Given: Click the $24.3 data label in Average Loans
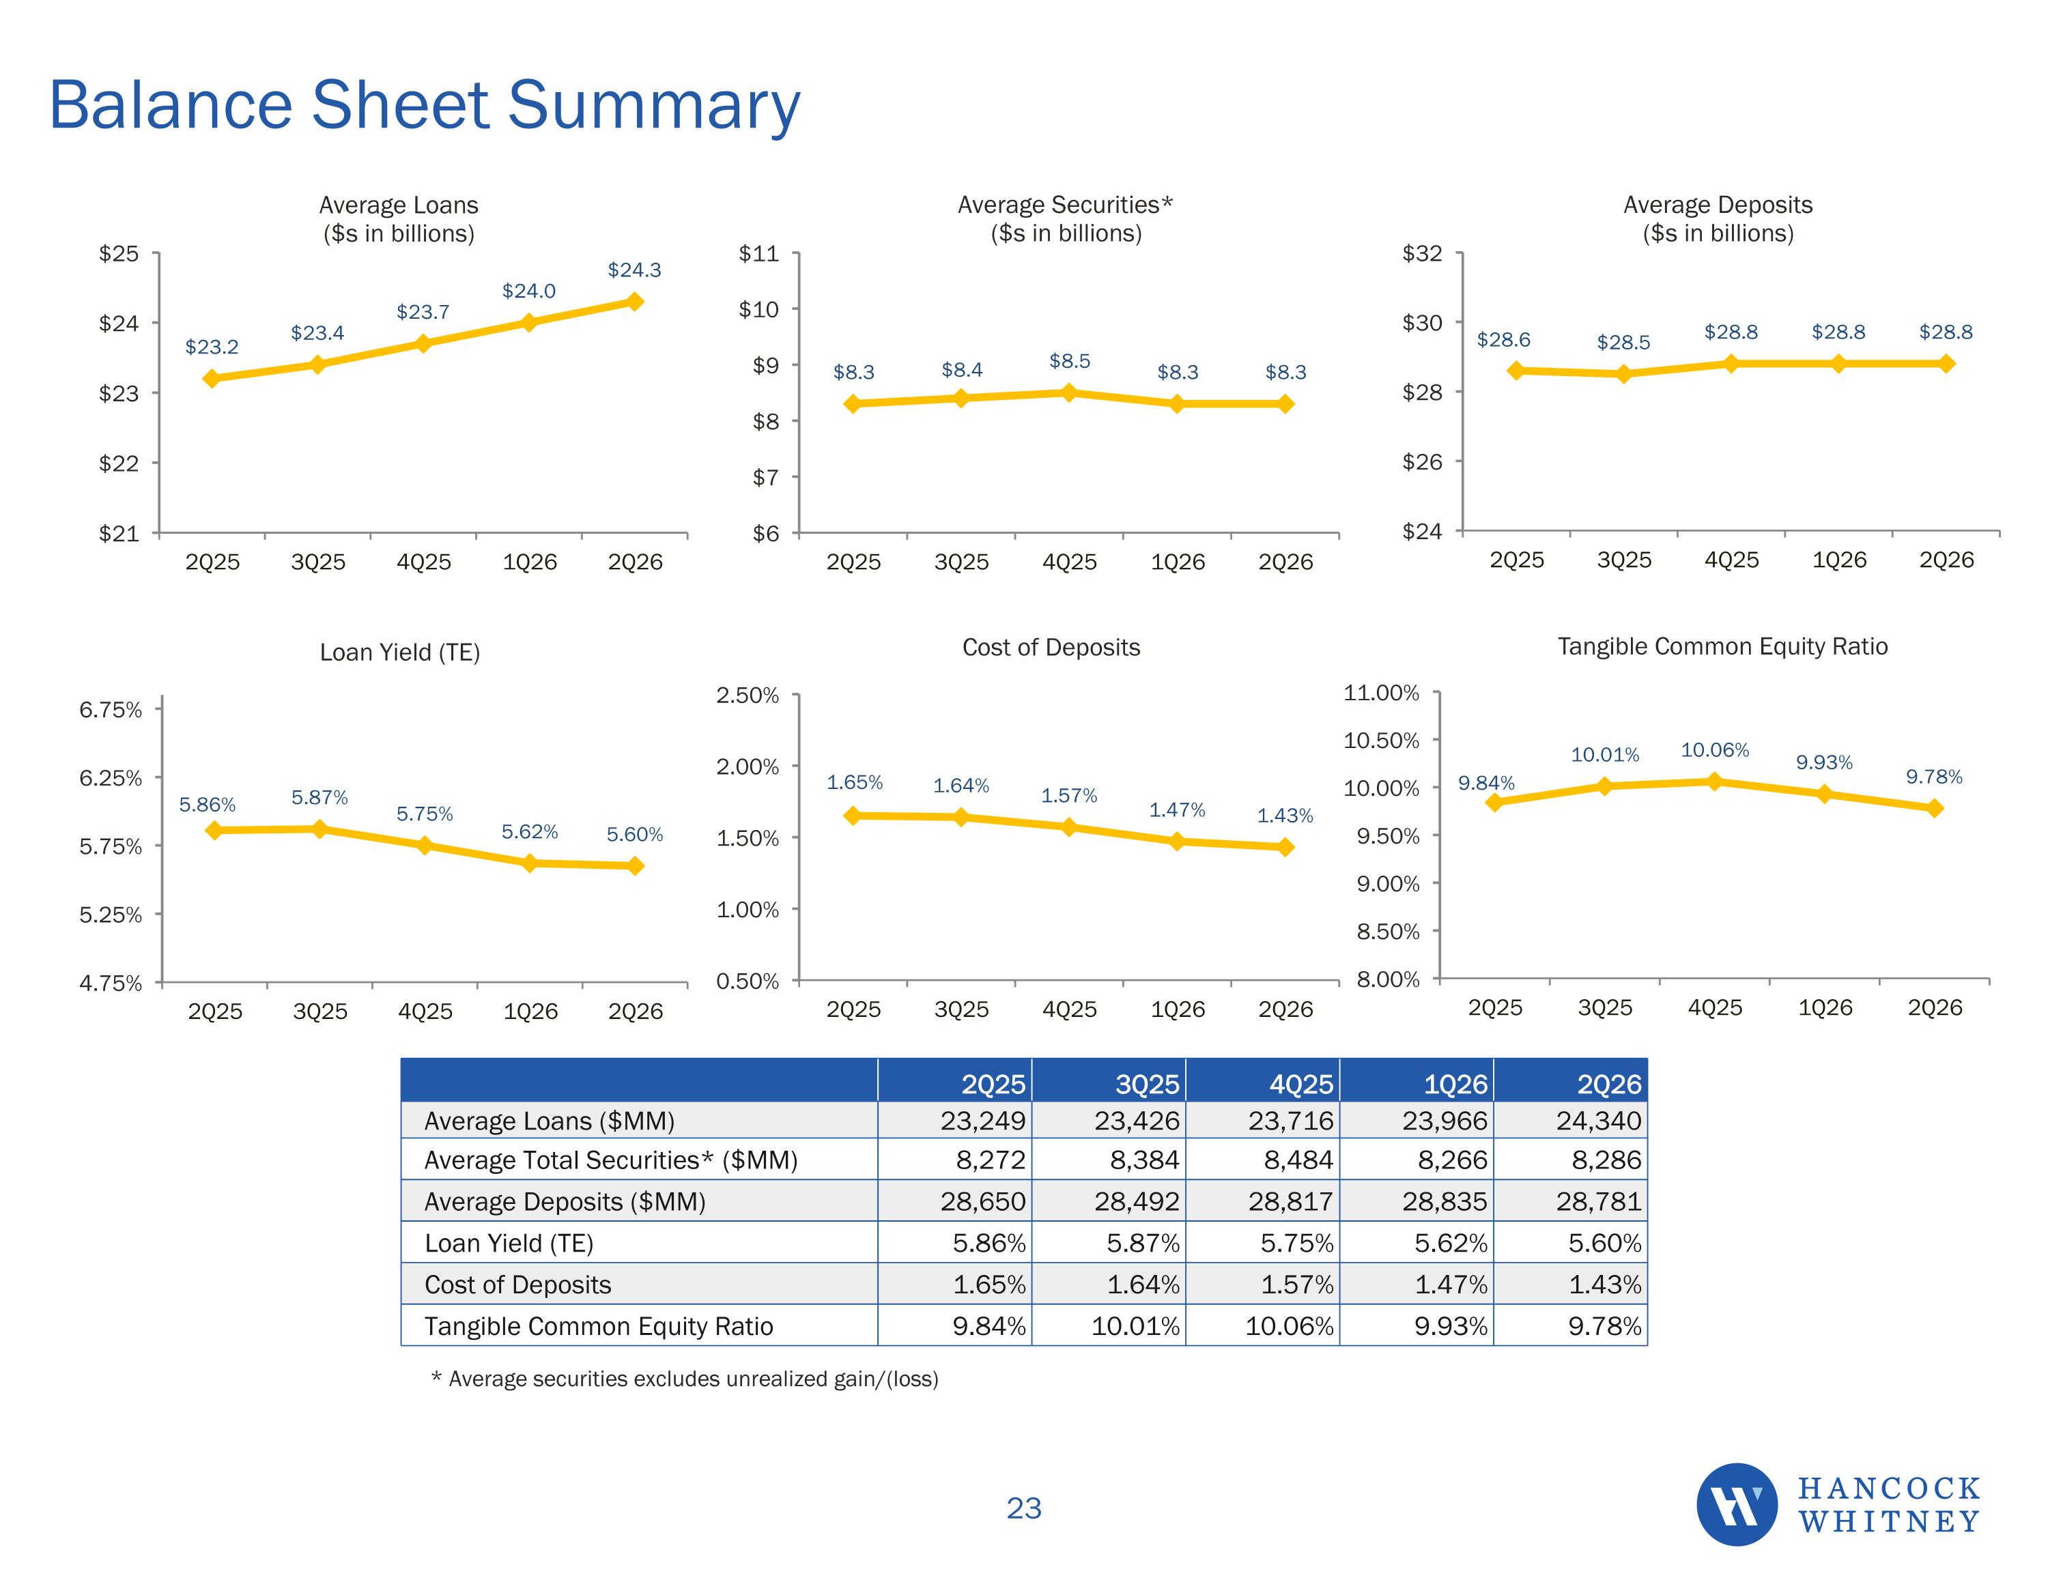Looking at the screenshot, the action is tap(634, 270).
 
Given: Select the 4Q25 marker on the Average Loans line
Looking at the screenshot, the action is tap(423, 343).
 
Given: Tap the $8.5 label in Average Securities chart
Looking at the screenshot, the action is tap(1069, 361).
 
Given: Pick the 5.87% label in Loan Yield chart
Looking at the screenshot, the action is tap(319, 797).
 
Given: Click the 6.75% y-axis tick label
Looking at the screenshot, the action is tap(111, 710).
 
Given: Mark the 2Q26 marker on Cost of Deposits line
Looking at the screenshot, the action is tap(1285, 847).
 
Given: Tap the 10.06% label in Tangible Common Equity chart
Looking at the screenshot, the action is tap(1714, 750).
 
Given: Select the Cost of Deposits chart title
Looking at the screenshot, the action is tap(1051, 647).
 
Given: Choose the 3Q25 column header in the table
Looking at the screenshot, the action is tap(1147, 1084).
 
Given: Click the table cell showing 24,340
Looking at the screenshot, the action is tap(1599, 1121).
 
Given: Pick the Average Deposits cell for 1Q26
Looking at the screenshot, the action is tap(1445, 1201).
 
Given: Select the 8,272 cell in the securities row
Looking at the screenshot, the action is tap(991, 1160).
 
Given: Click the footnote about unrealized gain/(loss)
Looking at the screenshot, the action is tap(685, 1379).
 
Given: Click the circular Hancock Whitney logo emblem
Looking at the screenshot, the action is tap(1737, 1504).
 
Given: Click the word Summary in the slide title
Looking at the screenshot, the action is tap(655, 104).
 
